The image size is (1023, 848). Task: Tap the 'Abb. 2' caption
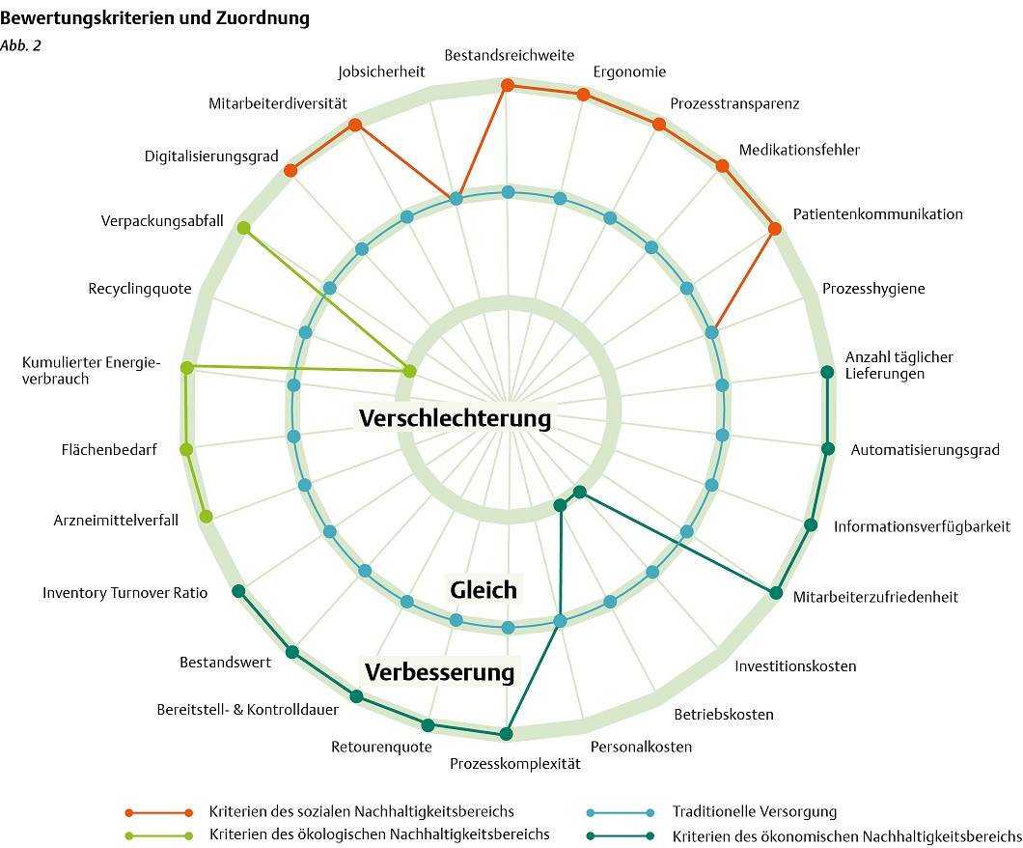pyautogui.click(x=20, y=45)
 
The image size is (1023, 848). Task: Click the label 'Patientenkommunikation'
pyautogui.click(x=877, y=214)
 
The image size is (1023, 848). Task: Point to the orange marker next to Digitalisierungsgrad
pyautogui.click(x=290, y=171)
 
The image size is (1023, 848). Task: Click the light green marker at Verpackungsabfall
pyautogui.click(x=243, y=229)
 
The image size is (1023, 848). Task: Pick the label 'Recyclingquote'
pyautogui.click(x=140, y=289)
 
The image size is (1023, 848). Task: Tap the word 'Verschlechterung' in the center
pyautogui.click(x=455, y=418)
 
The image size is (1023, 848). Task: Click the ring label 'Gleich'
pyautogui.click(x=483, y=589)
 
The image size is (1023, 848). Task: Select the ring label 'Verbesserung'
pyautogui.click(x=439, y=671)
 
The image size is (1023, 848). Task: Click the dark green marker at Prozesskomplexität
pyautogui.click(x=505, y=734)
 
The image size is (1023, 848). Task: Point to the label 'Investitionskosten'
pyautogui.click(x=795, y=666)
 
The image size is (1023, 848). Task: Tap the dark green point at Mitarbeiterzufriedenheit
pyautogui.click(x=774, y=593)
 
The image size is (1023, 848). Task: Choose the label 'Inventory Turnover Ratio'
pyautogui.click(x=124, y=593)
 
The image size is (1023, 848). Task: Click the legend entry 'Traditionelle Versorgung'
pyautogui.click(x=754, y=811)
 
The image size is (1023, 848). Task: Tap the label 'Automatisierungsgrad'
pyautogui.click(x=925, y=449)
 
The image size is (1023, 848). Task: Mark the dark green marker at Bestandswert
pyautogui.click(x=291, y=651)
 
